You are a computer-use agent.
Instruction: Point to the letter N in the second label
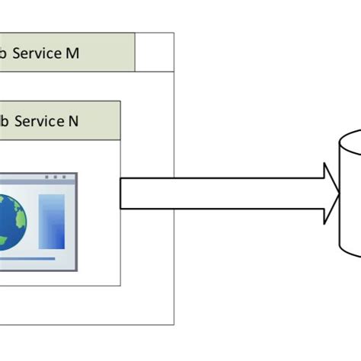[x=72, y=120]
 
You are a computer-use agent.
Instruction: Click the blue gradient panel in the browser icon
[x=52, y=221]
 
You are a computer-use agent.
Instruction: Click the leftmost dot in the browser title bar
[x=47, y=177]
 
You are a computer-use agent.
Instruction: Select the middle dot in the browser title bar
[x=58, y=177]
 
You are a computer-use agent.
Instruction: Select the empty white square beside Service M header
[x=155, y=52]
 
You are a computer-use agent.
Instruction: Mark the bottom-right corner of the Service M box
[x=174, y=324]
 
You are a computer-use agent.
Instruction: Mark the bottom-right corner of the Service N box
[x=120, y=286]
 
